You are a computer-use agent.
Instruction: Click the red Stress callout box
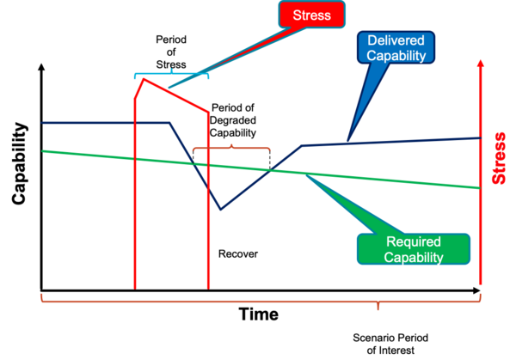[310, 15]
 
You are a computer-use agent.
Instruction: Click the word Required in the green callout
[414, 242]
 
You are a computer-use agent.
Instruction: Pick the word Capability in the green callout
[414, 257]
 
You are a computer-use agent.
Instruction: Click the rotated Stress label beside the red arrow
[498, 159]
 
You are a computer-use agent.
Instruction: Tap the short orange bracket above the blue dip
[231, 148]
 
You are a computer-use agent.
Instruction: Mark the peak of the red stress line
[144, 79]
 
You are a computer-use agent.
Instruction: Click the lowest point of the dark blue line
[221, 209]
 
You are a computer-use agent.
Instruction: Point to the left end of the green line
[42, 150]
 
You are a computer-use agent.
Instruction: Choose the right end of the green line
[479, 187]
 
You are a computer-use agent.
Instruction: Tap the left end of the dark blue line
[41, 123]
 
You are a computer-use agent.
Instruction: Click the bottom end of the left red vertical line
[135, 288]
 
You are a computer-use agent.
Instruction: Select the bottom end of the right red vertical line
[208, 288]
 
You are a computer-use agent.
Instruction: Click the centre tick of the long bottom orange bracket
[377, 306]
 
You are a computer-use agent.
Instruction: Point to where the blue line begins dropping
[170, 123]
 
